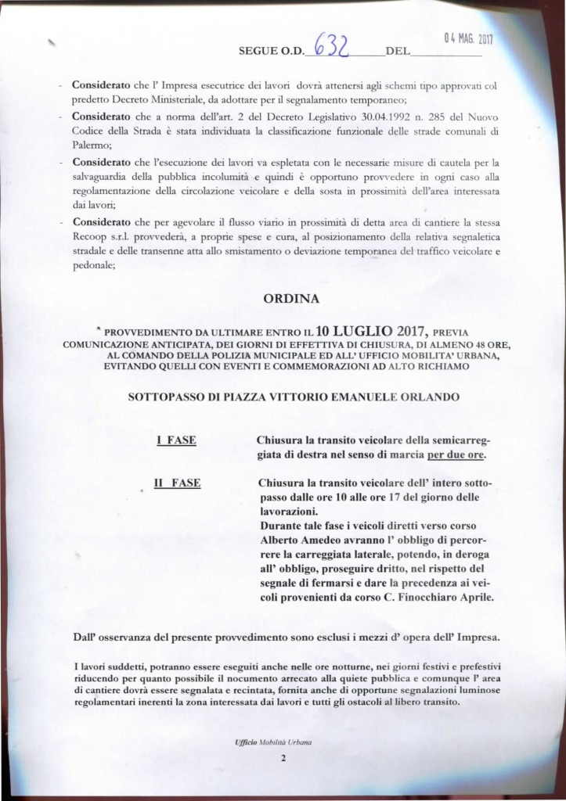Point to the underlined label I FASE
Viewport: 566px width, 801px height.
tap(176, 443)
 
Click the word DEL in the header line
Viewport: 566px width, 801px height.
tap(397, 57)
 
